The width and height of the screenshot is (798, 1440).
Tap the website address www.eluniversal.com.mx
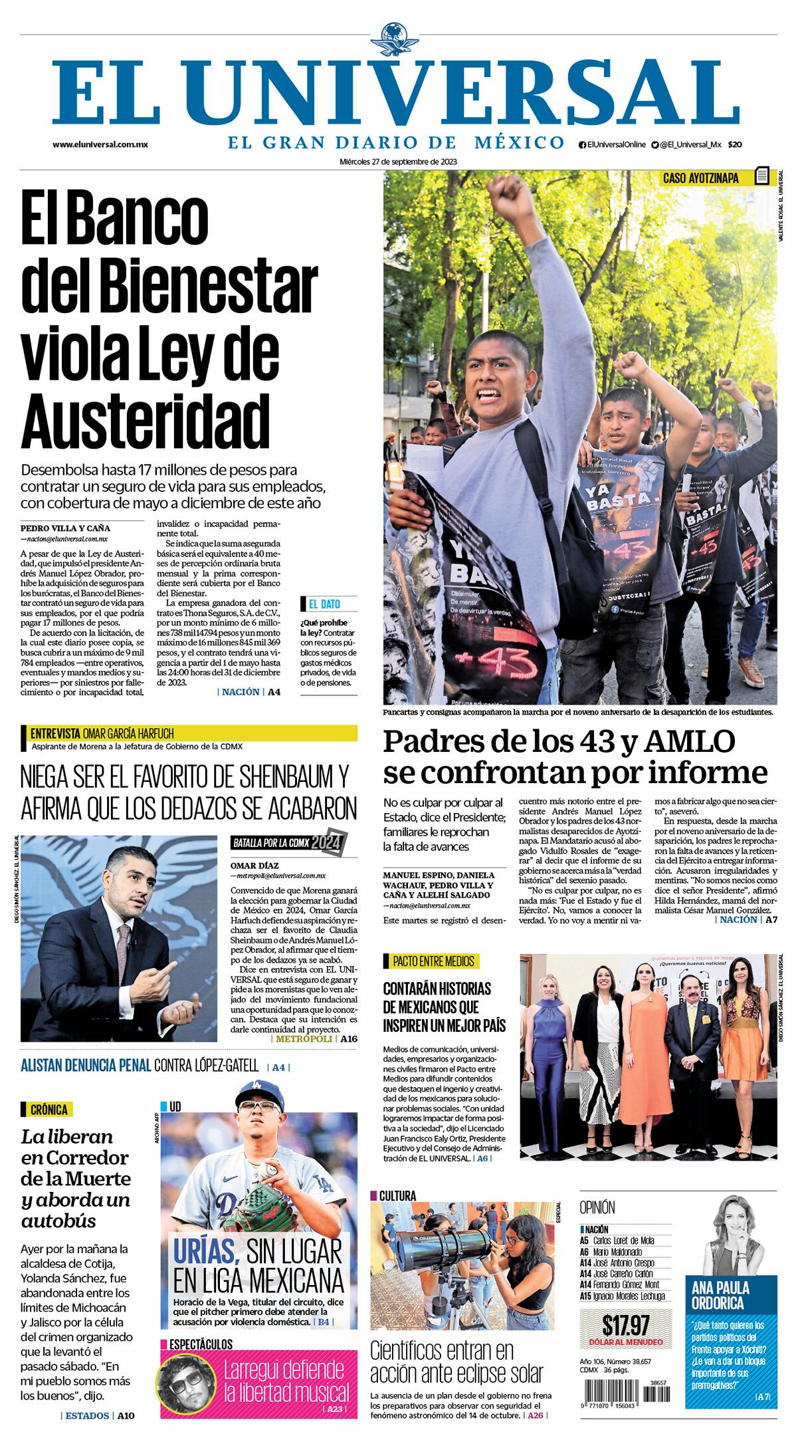pyautogui.click(x=100, y=144)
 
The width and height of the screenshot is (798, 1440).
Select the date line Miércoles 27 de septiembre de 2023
pyautogui.click(x=399, y=162)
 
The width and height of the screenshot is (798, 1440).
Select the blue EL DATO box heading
pyautogui.click(x=324, y=604)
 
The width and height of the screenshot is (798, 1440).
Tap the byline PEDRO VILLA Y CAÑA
pyautogui.click(x=66, y=529)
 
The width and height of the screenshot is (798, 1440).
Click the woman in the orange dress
pyautogui.click(x=642, y=1057)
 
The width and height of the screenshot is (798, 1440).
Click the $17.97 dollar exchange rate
pyautogui.click(x=625, y=1326)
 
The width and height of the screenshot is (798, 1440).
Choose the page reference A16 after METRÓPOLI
pyautogui.click(x=349, y=1038)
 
